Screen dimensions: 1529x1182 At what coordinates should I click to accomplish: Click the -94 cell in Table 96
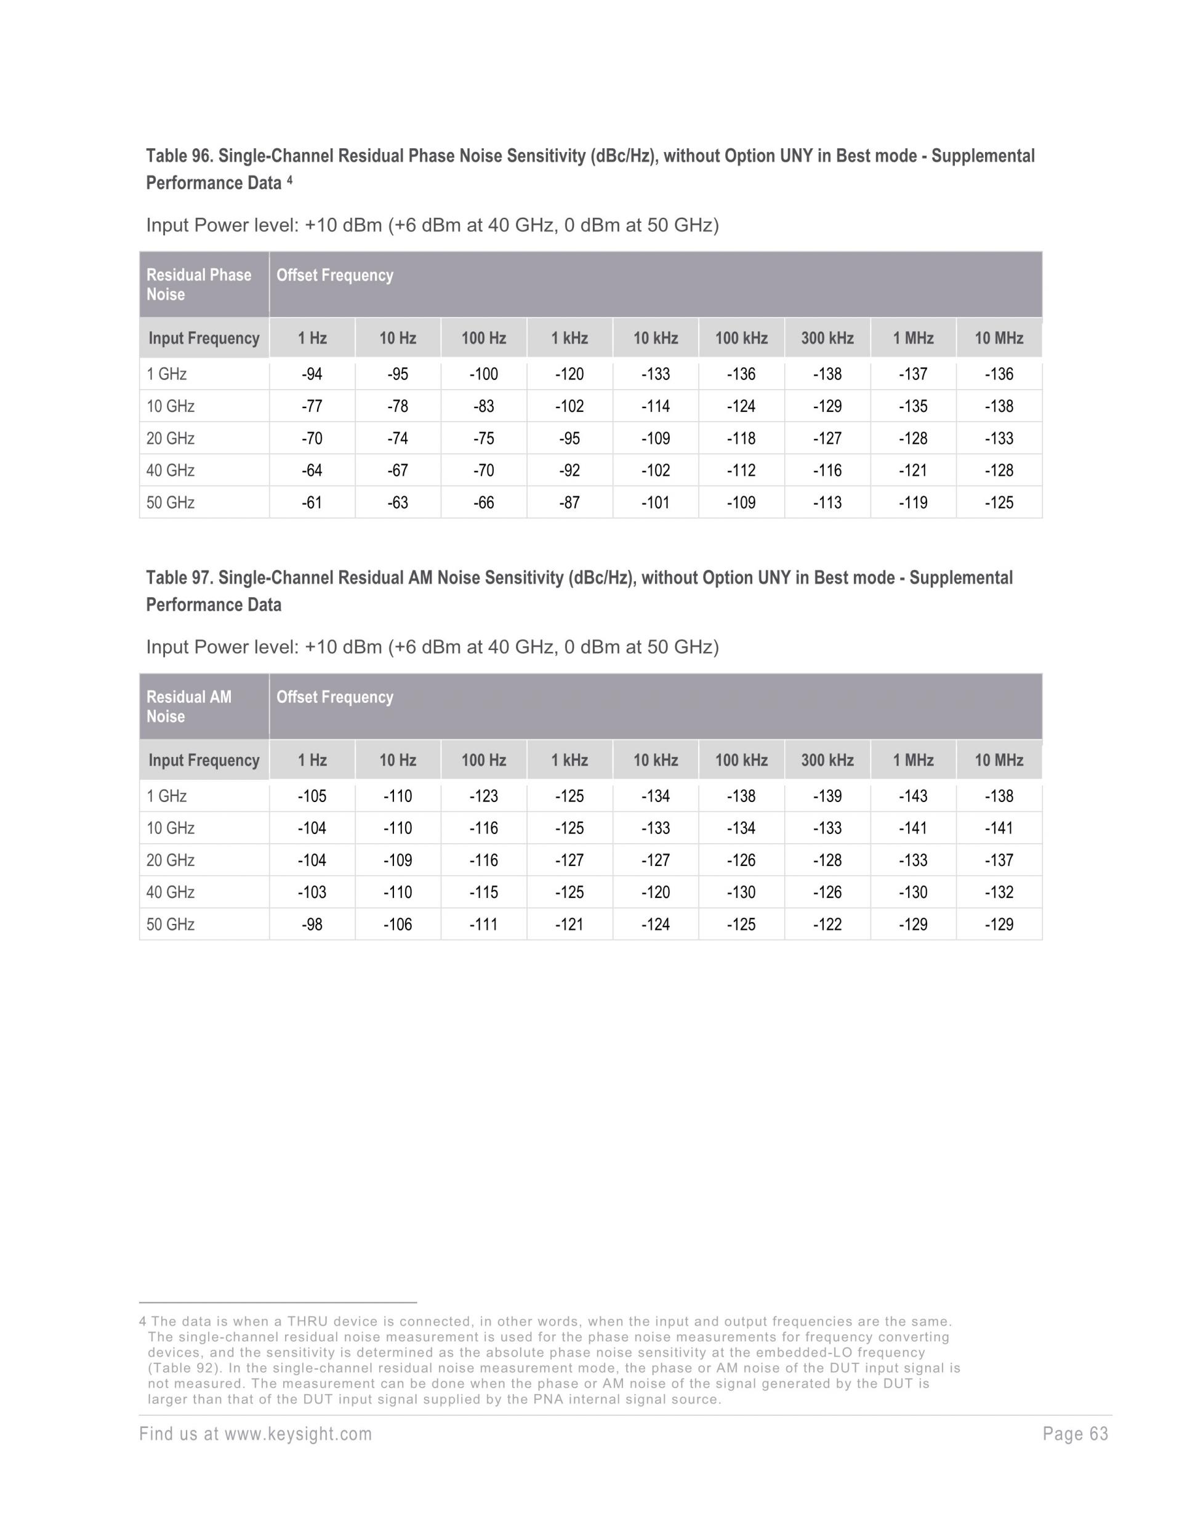(312, 374)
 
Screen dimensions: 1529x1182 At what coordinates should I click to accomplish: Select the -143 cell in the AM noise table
(912, 796)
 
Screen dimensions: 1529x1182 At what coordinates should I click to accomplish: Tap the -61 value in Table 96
(312, 503)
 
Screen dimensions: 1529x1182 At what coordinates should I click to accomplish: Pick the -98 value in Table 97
(312, 924)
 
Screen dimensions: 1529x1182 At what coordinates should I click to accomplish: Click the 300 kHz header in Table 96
(827, 338)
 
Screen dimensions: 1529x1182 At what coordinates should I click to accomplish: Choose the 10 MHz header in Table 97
(999, 760)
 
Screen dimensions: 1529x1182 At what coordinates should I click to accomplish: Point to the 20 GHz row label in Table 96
(170, 438)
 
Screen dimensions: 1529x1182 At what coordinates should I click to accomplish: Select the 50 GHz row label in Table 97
(170, 924)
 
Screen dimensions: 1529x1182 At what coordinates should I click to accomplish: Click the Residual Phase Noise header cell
(198, 284)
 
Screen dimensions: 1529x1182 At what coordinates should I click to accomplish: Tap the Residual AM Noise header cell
(188, 707)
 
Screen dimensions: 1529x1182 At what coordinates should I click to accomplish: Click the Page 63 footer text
(1075, 1434)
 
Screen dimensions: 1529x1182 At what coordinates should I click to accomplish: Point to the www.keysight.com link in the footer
(297, 1434)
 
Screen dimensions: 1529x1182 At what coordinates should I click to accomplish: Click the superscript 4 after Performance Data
(289, 180)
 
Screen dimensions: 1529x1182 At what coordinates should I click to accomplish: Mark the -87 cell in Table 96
(569, 503)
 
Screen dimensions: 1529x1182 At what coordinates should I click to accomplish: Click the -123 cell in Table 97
(483, 796)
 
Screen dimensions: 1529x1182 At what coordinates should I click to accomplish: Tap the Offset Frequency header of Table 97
(335, 697)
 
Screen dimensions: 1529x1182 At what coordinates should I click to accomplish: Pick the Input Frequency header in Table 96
(204, 338)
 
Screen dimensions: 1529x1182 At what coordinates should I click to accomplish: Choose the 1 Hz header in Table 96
(312, 338)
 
